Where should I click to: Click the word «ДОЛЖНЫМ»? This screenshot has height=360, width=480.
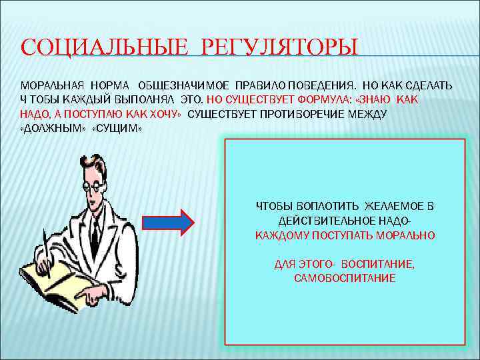53,128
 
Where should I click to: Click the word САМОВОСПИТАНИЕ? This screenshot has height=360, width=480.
345,278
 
